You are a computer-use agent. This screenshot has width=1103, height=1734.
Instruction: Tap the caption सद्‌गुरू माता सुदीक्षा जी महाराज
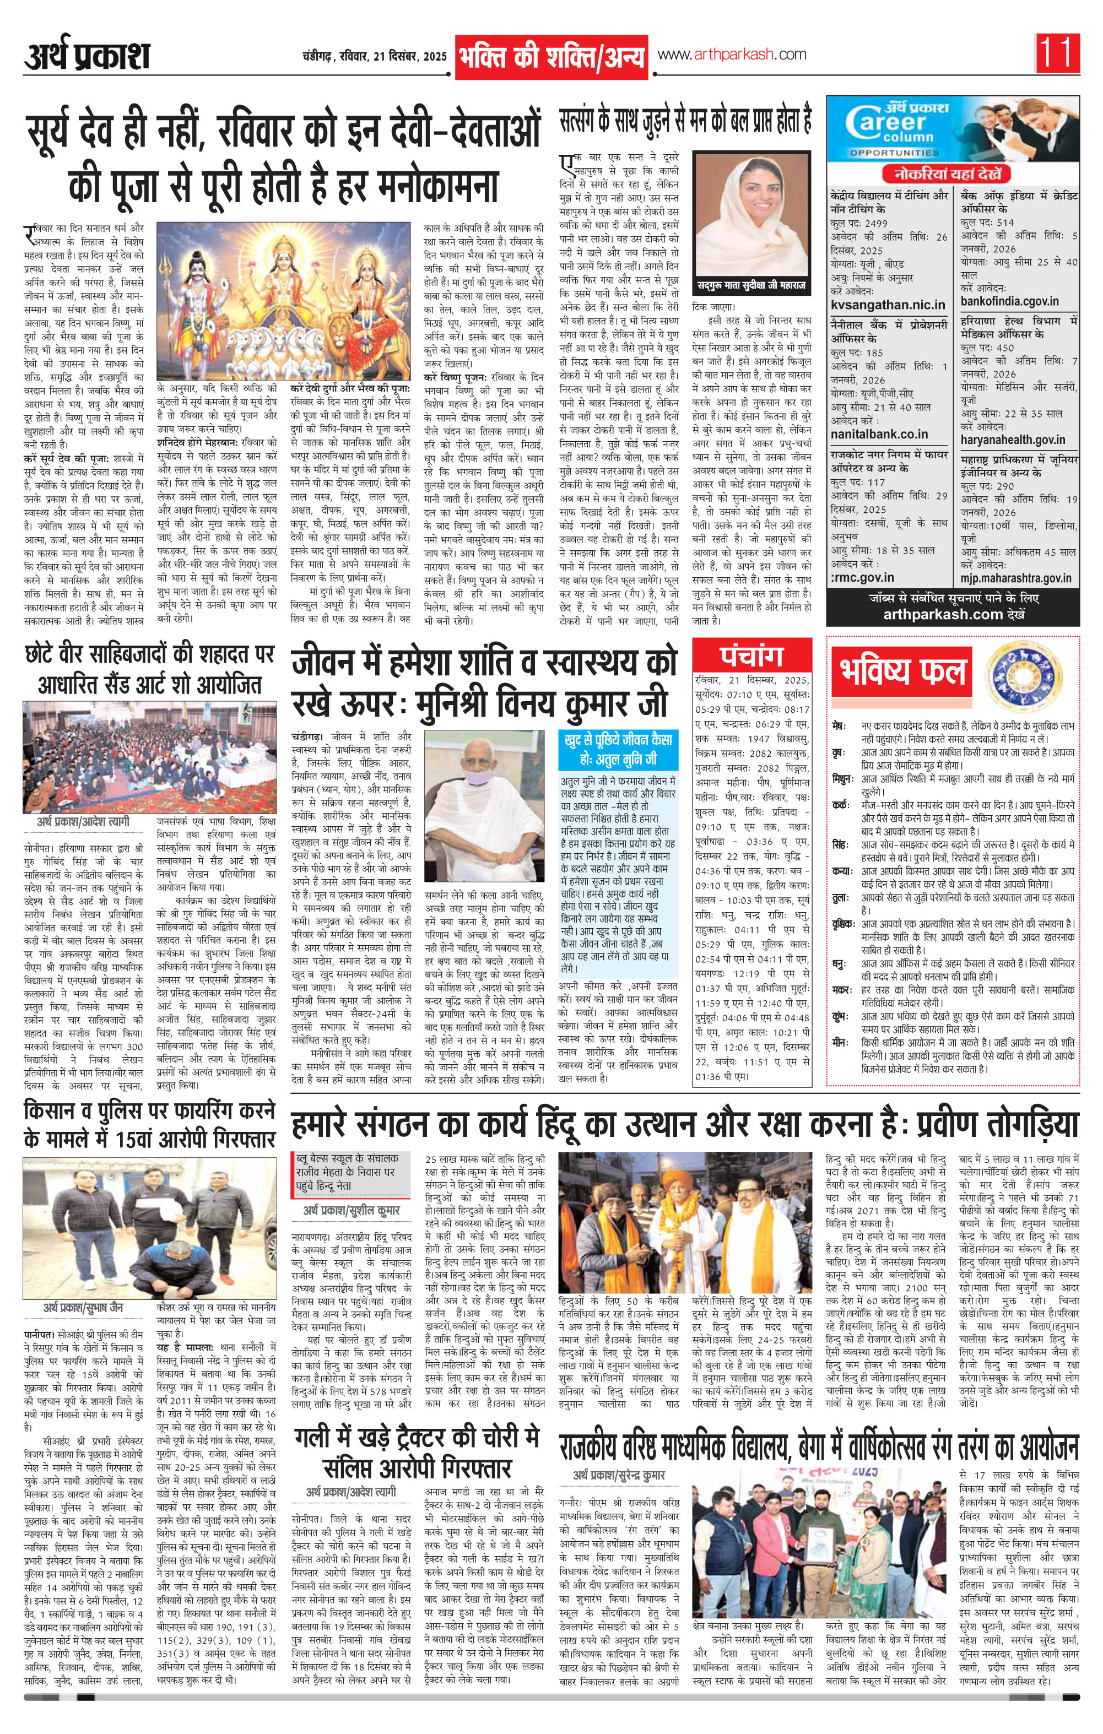pyautogui.click(x=751, y=286)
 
